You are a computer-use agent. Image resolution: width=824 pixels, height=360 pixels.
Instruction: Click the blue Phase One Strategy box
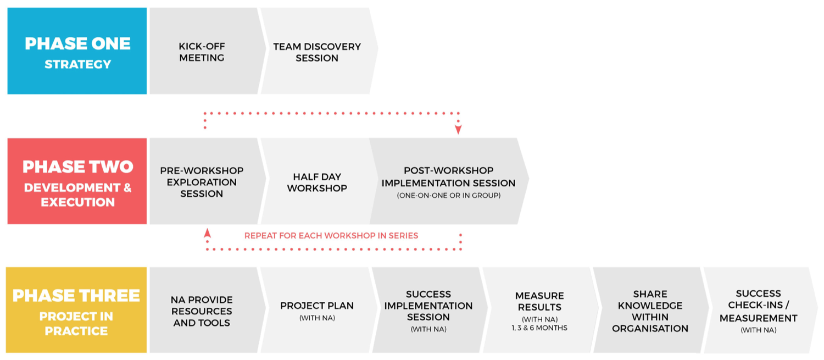coord(77,51)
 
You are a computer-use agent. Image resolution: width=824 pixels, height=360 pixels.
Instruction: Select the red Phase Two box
coord(77,181)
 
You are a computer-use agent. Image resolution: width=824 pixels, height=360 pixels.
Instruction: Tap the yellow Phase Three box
coord(76,310)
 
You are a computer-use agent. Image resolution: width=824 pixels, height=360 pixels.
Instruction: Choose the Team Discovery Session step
coord(319,51)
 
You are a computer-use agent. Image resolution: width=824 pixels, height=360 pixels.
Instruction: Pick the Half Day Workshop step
coord(319,181)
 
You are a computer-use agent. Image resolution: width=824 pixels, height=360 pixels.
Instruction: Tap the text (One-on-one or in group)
coord(449,196)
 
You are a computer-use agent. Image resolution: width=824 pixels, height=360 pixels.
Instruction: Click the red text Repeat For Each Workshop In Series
coord(331,236)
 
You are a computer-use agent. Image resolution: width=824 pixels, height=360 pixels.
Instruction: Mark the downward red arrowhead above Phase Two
coord(458,130)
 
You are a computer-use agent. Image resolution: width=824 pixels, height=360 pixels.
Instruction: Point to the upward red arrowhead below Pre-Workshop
coord(208,233)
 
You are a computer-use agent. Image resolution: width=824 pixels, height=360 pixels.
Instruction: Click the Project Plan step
coord(319,310)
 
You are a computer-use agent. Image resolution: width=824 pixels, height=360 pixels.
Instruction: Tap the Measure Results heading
coord(539,302)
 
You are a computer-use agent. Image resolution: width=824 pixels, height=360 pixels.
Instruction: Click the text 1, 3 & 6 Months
coord(539,328)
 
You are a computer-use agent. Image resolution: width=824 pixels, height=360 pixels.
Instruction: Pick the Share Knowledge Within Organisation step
coord(651,310)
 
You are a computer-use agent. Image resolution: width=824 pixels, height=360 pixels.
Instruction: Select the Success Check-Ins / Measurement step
coord(760,310)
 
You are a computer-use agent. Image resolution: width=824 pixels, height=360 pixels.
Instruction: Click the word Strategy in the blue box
coord(77,64)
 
